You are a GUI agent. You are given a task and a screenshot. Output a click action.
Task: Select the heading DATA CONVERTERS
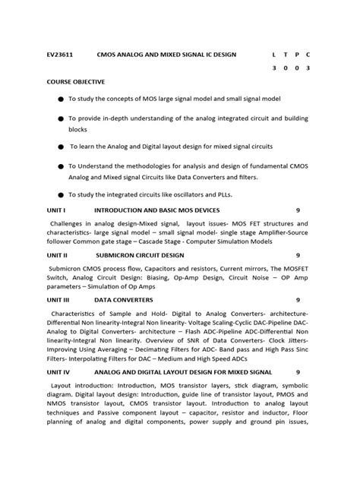coord(123,300)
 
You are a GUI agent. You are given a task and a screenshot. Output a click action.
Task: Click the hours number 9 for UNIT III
coord(298,300)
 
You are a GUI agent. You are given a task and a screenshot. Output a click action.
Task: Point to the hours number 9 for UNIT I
coord(298,209)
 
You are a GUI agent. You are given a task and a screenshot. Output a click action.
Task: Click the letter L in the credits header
coord(273,55)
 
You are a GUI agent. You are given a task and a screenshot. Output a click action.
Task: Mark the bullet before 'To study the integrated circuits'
coord(60,195)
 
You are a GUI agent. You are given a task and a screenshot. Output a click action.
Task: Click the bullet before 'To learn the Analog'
coord(60,146)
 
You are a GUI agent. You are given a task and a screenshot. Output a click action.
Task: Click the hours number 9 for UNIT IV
coord(298,372)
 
